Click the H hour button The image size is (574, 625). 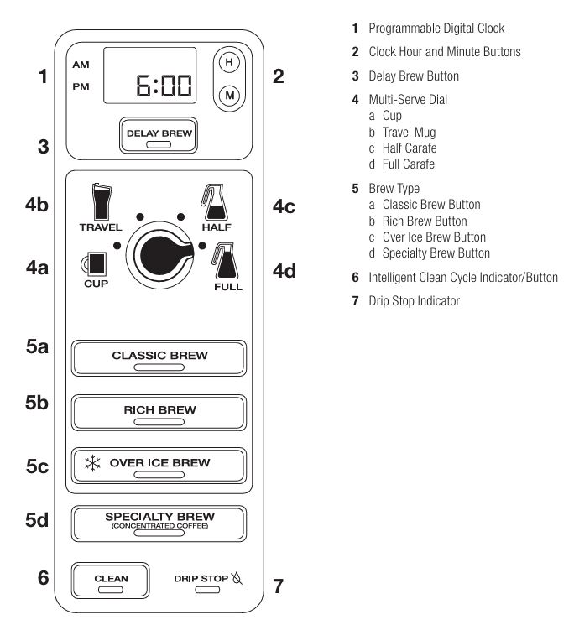click(x=227, y=64)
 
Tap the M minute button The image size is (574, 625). click(x=227, y=96)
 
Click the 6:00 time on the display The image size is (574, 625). click(x=163, y=86)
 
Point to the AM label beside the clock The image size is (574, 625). click(x=81, y=64)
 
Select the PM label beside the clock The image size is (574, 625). click(x=81, y=85)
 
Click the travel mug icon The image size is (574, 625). click(x=101, y=201)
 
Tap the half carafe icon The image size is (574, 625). click(x=211, y=201)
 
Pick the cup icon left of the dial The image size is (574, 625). click(x=97, y=264)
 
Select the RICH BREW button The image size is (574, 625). click(x=159, y=412)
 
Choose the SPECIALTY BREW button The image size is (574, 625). click(x=159, y=522)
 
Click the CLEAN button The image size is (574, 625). click(x=111, y=580)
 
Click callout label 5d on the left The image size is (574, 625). click(x=36, y=520)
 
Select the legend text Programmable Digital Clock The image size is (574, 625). click(x=436, y=29)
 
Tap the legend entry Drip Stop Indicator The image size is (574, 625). click(x=414, y=300)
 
